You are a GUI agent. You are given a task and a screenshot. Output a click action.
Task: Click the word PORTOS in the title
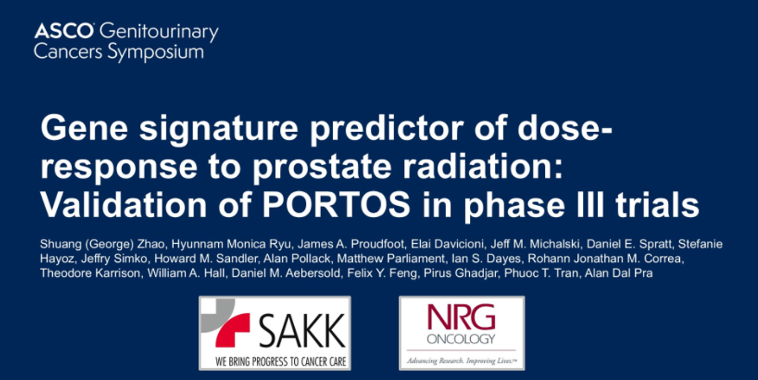pos(336,205)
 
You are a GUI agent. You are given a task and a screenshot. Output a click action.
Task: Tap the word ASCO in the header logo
pos(63,31)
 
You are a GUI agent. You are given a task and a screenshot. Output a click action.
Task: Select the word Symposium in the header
pos(156,52)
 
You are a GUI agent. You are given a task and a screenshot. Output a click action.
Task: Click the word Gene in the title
pos(84,128)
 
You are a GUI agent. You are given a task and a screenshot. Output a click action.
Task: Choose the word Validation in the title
pos(123,205)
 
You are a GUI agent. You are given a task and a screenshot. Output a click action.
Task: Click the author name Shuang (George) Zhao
pos(102,244)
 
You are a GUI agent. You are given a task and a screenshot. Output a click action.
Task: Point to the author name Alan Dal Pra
pos(618,273)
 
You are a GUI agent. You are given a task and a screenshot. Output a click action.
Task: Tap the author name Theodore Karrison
pos(90,273)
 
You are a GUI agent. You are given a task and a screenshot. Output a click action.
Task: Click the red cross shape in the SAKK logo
pos(233,330)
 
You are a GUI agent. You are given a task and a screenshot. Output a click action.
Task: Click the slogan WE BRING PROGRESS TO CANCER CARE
pos(281,361)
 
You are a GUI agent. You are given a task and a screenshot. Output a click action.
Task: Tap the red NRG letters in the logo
pos(461,317)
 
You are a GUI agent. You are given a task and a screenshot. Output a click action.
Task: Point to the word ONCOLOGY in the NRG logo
pos(461,339)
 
